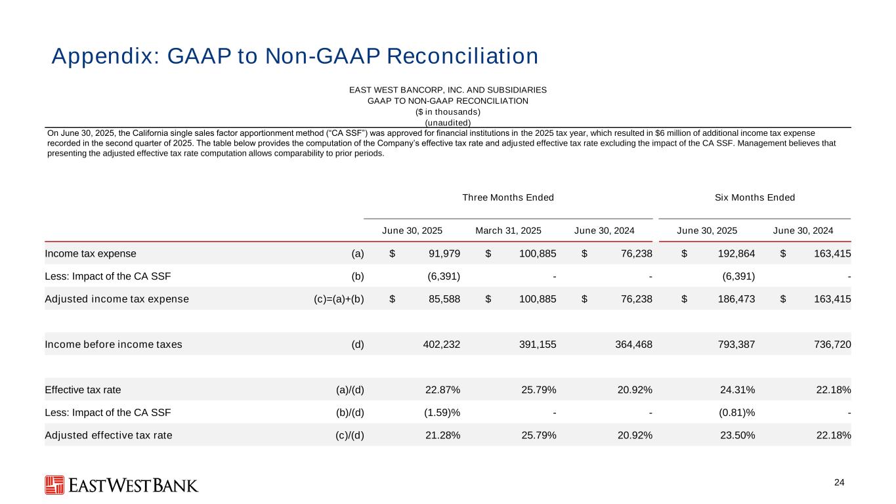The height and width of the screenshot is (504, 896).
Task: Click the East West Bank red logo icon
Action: pyautogui.click(x=54, y=484)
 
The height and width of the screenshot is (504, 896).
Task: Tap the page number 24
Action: pyautogui.click(x=839, y=483)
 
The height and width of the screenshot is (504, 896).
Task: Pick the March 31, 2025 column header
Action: pyautogui.click(x=508, y=230)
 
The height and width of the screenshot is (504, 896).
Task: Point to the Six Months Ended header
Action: pyautogui.click(x=754, y=198)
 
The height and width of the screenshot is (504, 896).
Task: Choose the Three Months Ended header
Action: pyautogui.click(x=508, y=198)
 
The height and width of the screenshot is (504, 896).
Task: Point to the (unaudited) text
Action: pyautogui.click(x=448, y=122)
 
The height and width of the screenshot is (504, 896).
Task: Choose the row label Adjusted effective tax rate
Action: pyautogui.click(x=108, y=434)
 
